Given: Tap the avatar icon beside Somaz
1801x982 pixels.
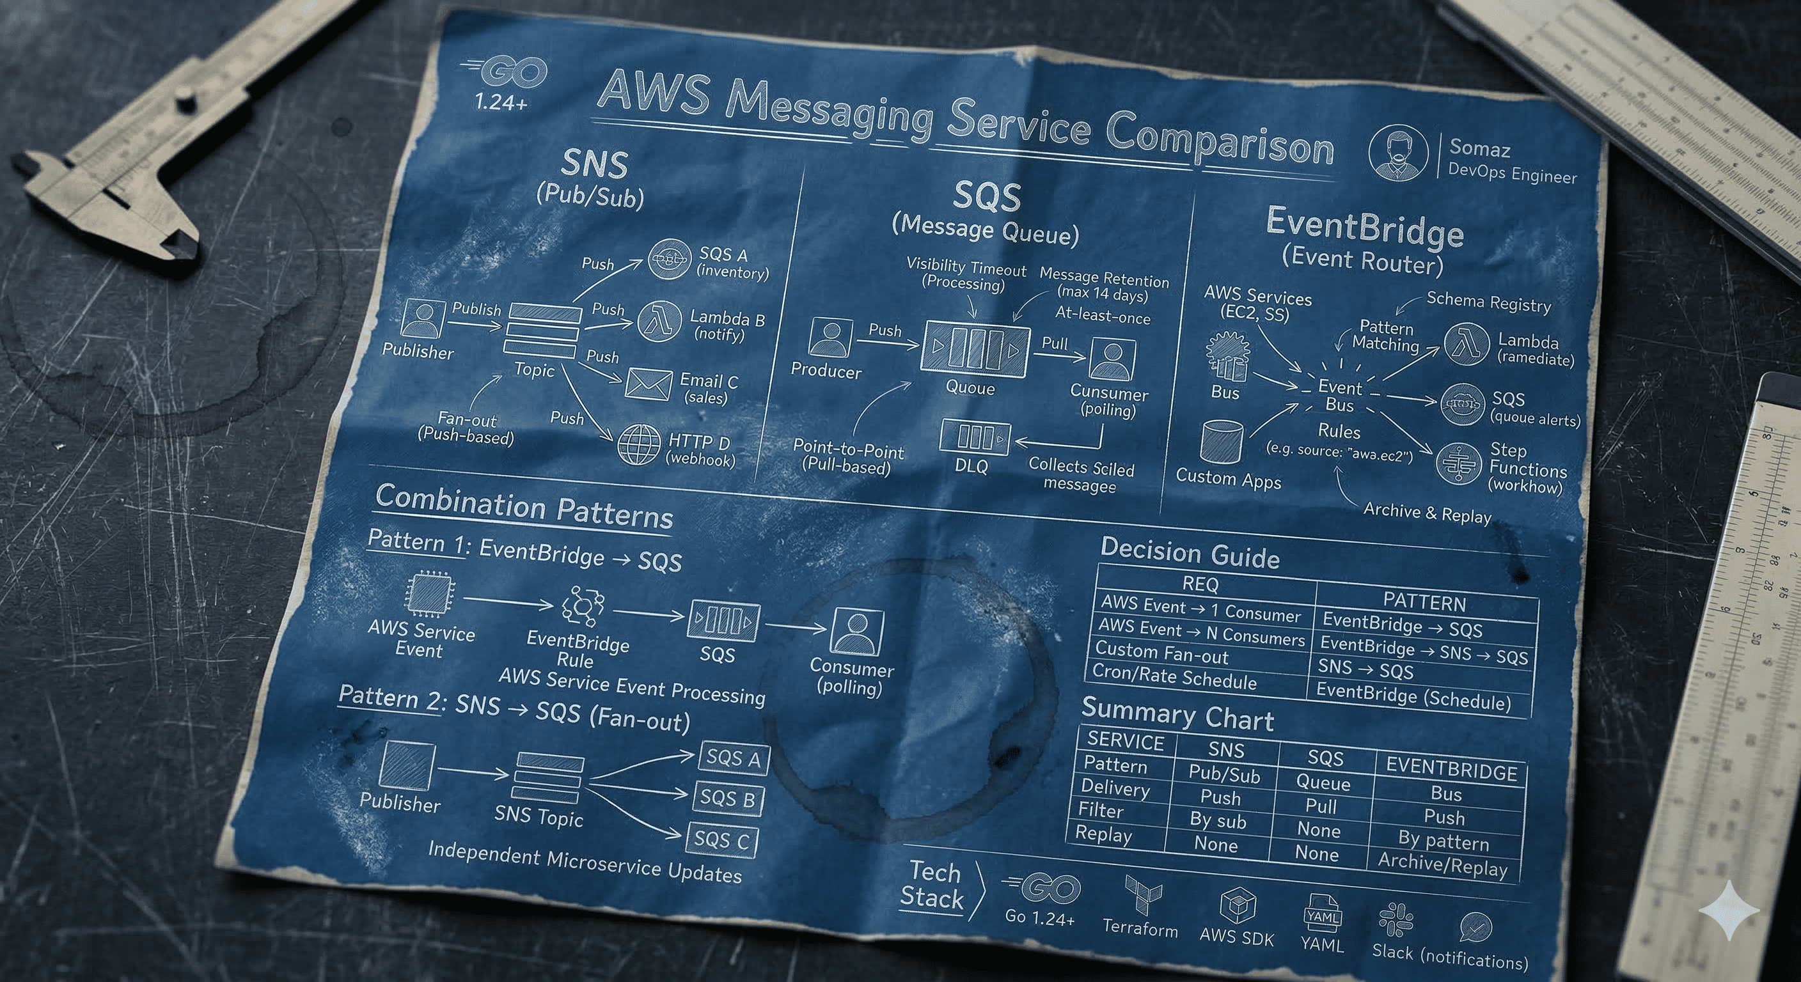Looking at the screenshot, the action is tap(1397, 153).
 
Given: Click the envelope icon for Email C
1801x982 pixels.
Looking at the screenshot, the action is tap(648, 384).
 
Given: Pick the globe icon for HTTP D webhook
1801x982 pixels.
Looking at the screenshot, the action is tap(639, 444).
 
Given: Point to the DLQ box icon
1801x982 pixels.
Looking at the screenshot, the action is tap(975, 437).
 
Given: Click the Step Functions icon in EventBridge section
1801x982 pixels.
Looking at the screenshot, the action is tap(1458, 464).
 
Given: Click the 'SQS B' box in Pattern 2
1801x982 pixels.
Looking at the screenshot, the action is tap(728, 799).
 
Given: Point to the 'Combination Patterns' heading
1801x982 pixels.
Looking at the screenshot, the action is tap(524, 507).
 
